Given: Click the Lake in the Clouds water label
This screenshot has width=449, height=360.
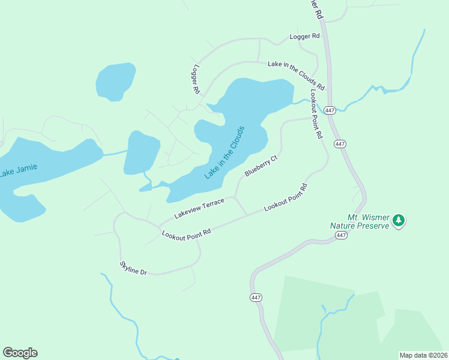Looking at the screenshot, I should [224, 152].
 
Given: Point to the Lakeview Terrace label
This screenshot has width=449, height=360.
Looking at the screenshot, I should [199, 208].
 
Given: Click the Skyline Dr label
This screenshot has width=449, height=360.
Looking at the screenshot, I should [133, 268].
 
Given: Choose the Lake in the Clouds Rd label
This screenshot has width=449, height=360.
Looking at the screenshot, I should [296, 74].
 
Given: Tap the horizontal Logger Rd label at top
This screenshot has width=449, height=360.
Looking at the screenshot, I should [304, 37].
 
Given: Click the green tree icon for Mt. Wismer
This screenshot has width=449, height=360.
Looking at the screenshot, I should [398, 221].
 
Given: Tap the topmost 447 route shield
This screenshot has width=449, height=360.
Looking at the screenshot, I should [330, 110].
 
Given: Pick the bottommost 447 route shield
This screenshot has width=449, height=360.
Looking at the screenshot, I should [256, 298].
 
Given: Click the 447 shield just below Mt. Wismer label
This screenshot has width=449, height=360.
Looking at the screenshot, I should [341, 235].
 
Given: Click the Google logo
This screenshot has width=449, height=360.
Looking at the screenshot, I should [20, 353].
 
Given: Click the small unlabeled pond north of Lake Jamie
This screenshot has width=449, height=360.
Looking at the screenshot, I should [115, 81].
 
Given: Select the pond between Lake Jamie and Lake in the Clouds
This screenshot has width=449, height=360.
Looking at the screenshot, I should [141, 151].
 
